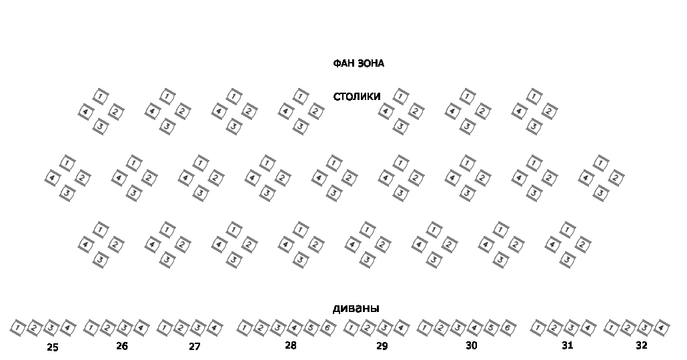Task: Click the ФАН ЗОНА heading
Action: point(358,64)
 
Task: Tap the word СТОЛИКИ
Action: point(357,97)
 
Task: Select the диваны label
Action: point(356,309)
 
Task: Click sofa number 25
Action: point(53,347)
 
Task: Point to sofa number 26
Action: point(121,346)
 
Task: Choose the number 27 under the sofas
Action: point(194,347)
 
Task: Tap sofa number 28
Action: point(290,345)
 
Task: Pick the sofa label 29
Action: point(382,346)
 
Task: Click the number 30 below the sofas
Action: point(472,345)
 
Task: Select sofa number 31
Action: point(567,345)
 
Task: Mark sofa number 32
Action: point(641,345)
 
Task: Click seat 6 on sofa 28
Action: point(327,328)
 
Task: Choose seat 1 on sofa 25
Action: point(18,328)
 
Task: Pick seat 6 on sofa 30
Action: point(507,328)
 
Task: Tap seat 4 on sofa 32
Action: point(661,328)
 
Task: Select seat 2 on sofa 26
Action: point(107,328)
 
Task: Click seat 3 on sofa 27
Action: point(197,328)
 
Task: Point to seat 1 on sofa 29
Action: point(352,328)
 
